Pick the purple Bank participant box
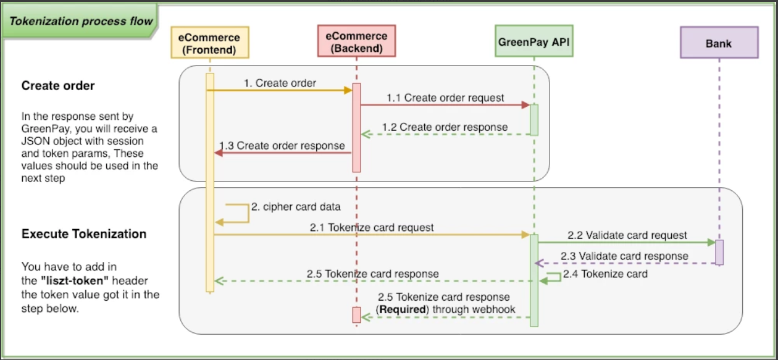(x=719, y=43)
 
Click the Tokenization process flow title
(x=81, y=21)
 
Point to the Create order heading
(x=58, y=86)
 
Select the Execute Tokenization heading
(x=84, y=234)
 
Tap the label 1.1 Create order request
(x=445, y=98)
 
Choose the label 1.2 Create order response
(x=445, y=127)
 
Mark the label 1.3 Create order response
(x=283, y=146)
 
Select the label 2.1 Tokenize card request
(x=372, y=227)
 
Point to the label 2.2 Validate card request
(x=627, y=235)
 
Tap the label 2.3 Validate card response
(x=624, y=256)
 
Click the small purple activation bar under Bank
(x=719, y=252)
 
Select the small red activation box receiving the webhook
(x=356, y=314)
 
